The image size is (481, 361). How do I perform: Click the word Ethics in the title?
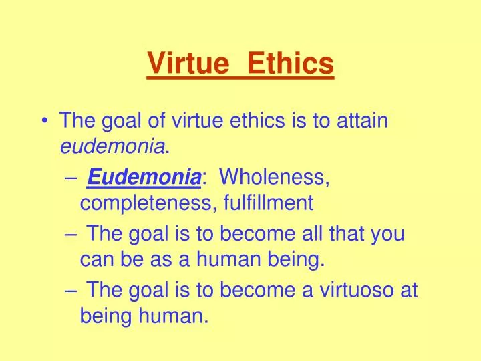point(290,64)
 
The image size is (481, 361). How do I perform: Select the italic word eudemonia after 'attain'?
point(112,146)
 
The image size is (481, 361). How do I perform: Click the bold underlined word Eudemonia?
point(144,178)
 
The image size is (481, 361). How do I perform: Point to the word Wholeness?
point(274,178)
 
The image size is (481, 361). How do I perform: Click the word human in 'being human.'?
point(172,315)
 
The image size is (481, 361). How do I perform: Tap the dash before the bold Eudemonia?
point(72,178)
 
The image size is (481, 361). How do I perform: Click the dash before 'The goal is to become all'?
point(72,235)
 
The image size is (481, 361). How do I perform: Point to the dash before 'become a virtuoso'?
point(72,291)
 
